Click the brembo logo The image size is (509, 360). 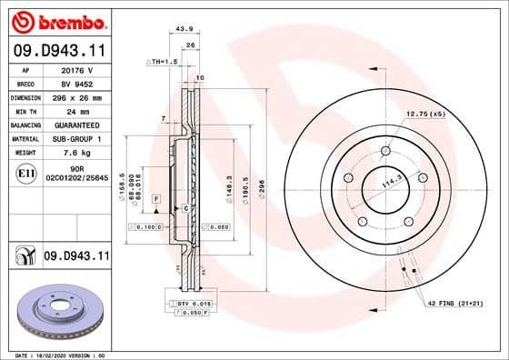[56, 21]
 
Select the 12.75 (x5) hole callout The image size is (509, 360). [425, 115]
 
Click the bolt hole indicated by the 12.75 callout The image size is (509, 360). [385, 150]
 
